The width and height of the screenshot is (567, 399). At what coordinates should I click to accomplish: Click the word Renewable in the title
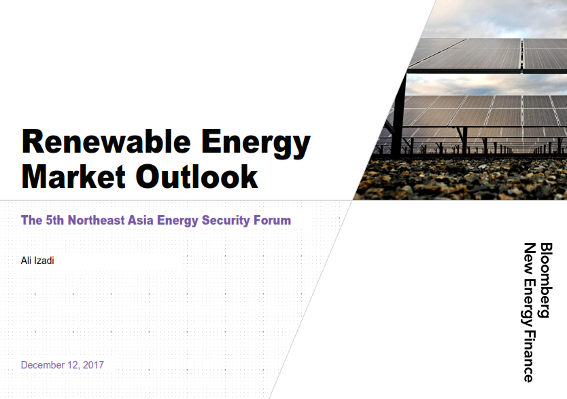[x=106, y=142]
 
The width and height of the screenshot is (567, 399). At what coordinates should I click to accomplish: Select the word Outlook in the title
[x=196, y=176]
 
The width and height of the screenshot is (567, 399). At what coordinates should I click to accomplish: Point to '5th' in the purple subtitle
[x=54, y=221]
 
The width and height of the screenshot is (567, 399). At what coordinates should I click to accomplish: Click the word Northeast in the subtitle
[x=96, y=221]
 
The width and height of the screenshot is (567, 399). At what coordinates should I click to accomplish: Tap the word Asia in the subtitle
[x=140, y=221]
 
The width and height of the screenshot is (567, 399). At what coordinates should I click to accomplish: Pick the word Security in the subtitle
[x=226, y=221]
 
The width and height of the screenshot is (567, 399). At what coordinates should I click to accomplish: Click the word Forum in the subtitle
[x=272, y=221]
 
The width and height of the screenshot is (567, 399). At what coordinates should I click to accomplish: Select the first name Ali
[x=26, y=261]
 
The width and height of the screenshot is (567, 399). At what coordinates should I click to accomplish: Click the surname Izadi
[x=44, y=261]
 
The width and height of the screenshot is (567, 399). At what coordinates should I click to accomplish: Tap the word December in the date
[x=43, y=365]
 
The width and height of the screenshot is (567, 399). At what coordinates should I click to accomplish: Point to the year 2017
[x=93, y=365]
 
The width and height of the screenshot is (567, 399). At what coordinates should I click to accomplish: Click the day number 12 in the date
[x=73, y=366]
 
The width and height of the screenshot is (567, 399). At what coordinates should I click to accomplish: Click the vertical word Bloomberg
[x=546, y=280]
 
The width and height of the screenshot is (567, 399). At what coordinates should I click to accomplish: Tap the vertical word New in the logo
[x=529, y=256]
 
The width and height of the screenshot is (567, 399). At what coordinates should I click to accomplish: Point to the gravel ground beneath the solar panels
[x=463, y=178]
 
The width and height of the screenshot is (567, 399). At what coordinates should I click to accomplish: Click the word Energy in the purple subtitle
[x=177, y=221]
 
